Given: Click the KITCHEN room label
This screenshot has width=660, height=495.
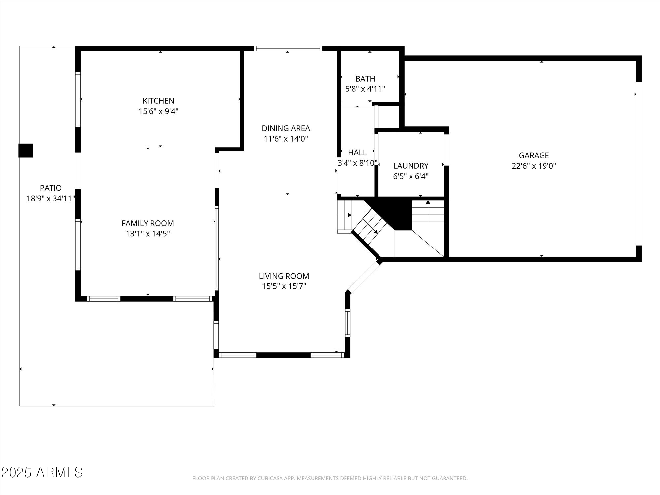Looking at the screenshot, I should coord(158,101).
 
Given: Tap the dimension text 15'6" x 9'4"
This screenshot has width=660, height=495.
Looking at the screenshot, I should coord(158,111).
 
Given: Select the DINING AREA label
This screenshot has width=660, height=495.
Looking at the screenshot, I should coord(285,128).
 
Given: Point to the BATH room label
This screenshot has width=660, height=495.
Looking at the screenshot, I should coord(365,79).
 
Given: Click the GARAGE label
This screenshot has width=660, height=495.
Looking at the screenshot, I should coord(534,155).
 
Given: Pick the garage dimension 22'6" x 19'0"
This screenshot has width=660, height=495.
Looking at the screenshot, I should coord(534,166).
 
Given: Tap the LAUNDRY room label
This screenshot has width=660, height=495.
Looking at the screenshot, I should coord(411,166).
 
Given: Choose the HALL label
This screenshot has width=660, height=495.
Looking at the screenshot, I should coord(357,152).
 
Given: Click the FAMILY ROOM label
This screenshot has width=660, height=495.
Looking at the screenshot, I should coord(148,223).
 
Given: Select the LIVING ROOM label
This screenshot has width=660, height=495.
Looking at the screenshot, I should coord(284,276).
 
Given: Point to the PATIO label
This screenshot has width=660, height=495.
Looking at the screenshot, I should coord(50,188).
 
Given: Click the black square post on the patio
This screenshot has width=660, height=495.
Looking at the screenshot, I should coord(26,150).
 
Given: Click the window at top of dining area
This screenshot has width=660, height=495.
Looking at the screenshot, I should coord(288,49).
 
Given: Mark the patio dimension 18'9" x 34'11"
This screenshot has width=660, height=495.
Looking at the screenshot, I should coord(50,199).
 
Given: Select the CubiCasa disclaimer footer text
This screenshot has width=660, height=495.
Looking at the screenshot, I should coord(330,478).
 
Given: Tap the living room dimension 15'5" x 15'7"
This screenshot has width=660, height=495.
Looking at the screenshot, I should coord(284,286).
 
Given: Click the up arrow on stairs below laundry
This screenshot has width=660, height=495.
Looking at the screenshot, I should coord(428,202).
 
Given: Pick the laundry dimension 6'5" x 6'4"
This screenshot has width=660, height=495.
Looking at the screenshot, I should coord(411,176).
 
